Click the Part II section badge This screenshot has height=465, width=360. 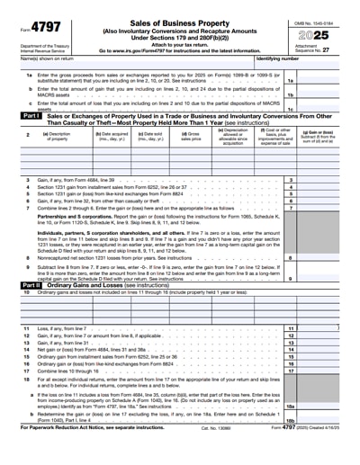coord(30,285)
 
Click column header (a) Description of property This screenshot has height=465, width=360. coord(61,136)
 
